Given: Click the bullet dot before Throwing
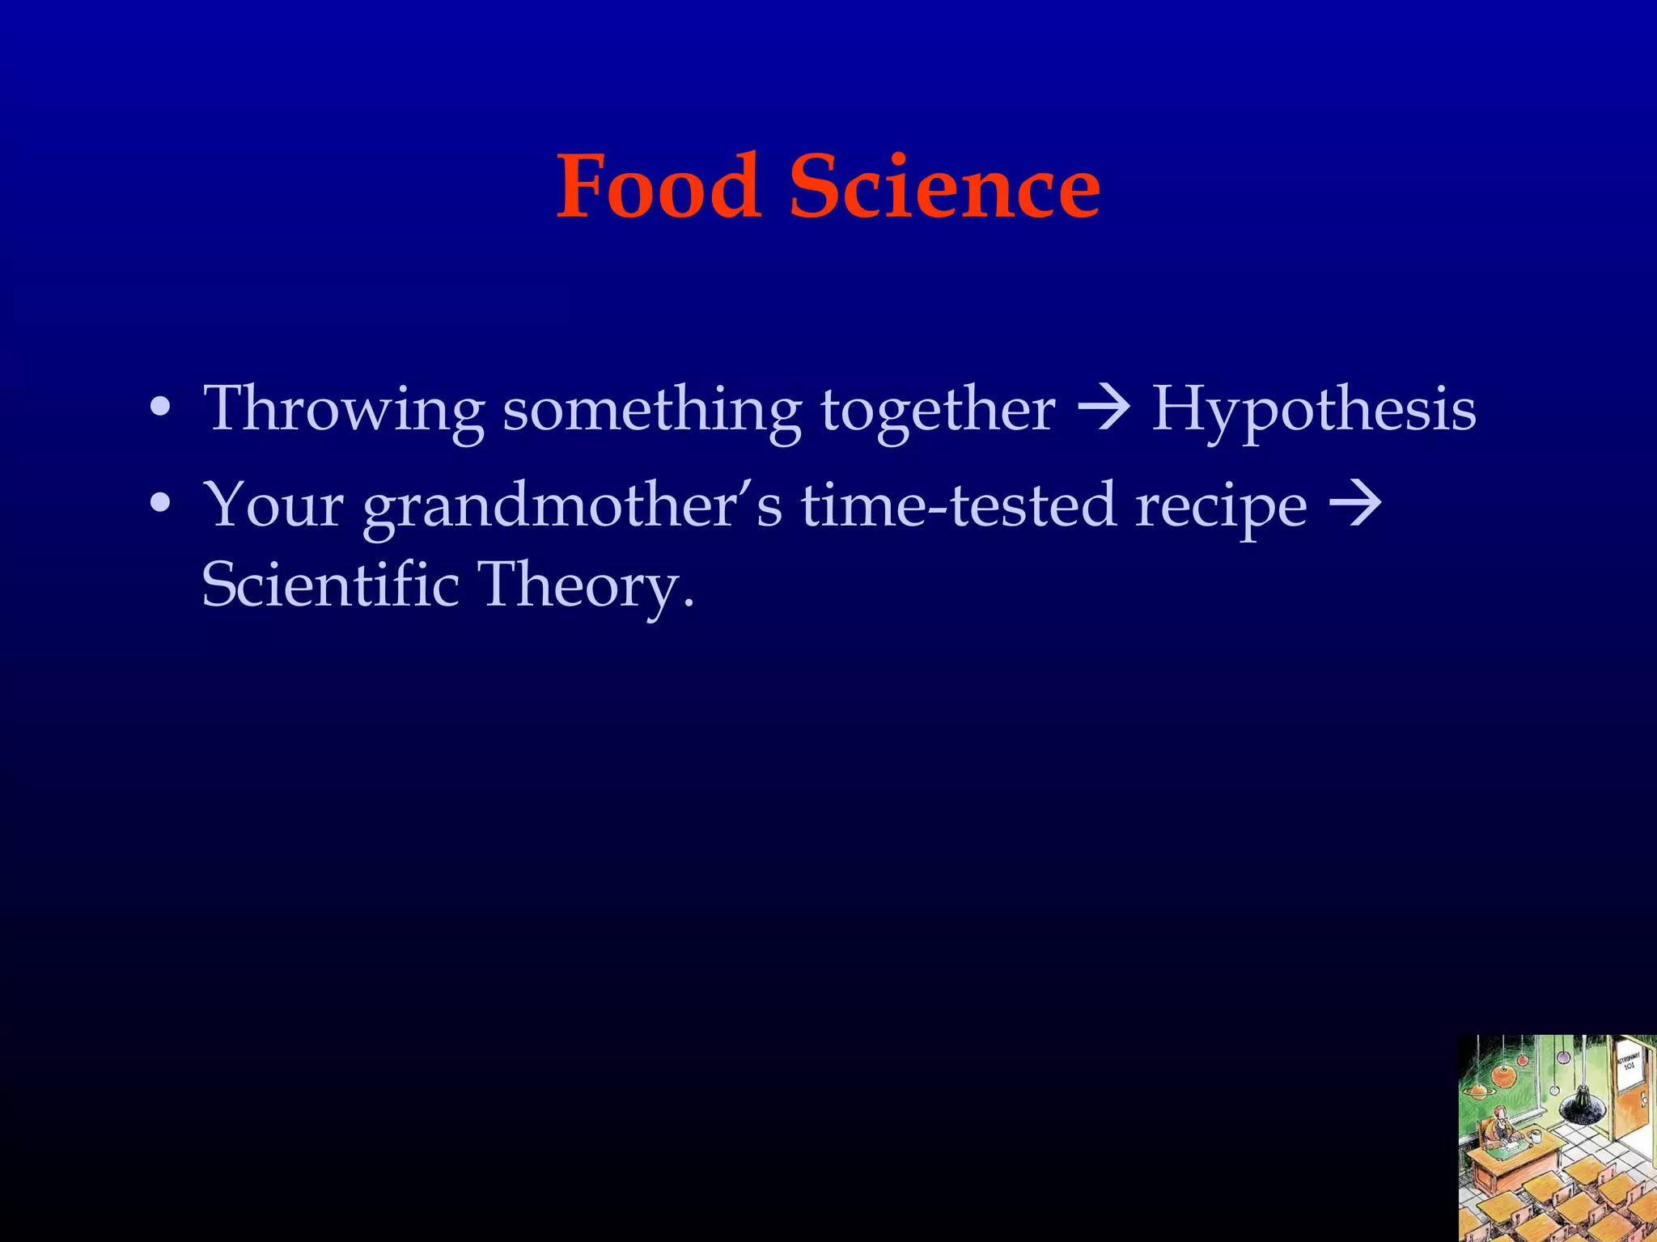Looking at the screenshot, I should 160,408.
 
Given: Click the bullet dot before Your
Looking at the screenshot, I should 160,503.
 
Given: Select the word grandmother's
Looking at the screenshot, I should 572,506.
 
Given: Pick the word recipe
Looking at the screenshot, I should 1221,506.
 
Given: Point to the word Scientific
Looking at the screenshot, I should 330,584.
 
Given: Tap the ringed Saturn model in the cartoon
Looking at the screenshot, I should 1479,1091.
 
